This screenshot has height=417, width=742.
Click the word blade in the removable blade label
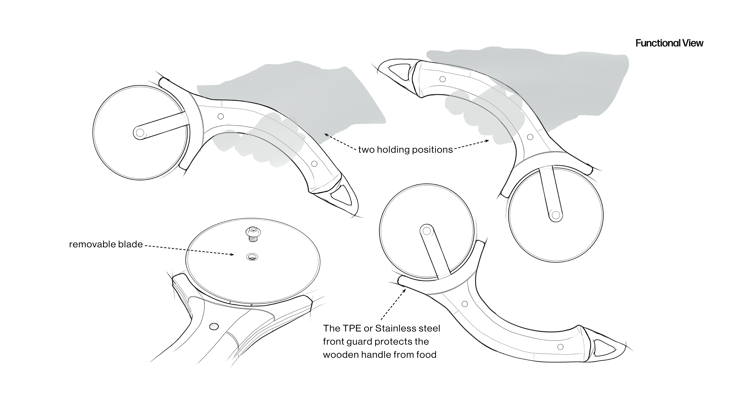(x=132, y=244)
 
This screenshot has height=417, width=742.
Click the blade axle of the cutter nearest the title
(x=556, y=215)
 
